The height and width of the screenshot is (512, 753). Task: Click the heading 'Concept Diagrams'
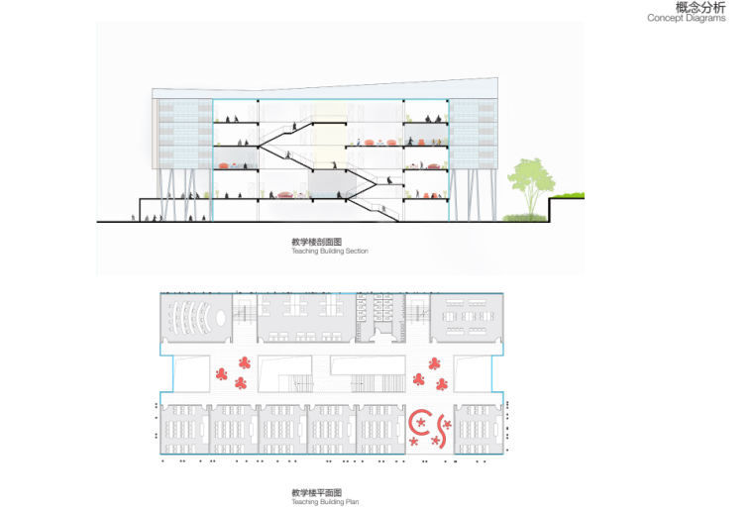coord(687,19)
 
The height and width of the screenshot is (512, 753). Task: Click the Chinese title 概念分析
coord(699,8)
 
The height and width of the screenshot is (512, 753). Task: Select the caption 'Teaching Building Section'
coord(330,252)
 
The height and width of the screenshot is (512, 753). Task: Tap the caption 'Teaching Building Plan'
coord(325,502)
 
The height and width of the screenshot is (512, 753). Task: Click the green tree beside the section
coord(526,180)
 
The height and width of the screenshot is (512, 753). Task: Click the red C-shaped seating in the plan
coord(419,425)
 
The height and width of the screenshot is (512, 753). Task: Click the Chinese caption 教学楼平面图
coord(316,492)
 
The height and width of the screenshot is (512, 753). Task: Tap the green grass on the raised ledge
coord(570,195)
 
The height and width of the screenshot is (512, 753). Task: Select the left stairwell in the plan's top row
coord(244,318)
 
